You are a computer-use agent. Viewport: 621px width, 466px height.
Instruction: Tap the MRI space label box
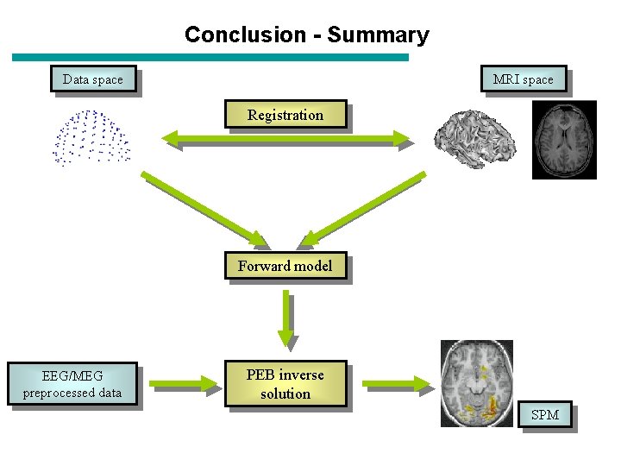pos(523,79)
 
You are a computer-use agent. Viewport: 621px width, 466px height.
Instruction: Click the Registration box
pos(285,115)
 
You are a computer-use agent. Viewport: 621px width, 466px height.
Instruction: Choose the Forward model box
pos(285,266)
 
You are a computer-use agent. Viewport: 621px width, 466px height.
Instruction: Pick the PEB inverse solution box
pos(285,384)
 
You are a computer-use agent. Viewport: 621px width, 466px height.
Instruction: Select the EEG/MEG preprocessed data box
pos(72,384)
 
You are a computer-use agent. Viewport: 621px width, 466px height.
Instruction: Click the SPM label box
pos(544,415)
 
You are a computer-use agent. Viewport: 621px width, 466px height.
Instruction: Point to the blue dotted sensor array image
pos(91,136)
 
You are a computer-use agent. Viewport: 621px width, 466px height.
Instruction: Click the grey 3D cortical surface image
pos(474,138)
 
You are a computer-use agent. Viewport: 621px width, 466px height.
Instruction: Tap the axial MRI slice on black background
pos(563,140)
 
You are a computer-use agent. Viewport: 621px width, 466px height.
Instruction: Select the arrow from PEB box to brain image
pos(393,383)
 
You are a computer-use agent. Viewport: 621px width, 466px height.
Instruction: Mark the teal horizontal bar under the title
pos(210,57)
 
